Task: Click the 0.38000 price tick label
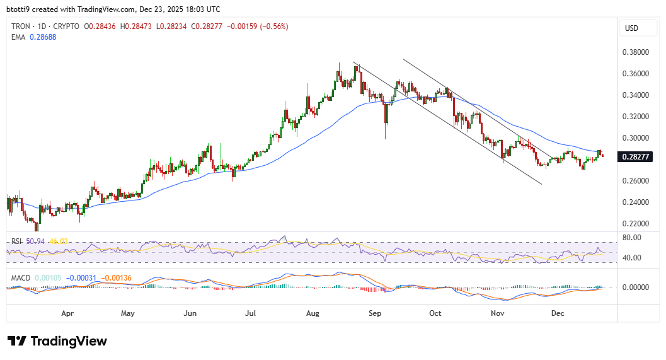[636, 52]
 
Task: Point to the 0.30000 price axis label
[636, 138]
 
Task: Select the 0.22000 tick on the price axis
[636, 224]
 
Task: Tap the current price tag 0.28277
[636, 156]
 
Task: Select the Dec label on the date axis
[558, 313]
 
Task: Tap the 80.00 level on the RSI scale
[631, 238]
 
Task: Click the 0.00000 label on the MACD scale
[636, 287]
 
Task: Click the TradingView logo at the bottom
[57, 341]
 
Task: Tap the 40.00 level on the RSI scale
[631, 258]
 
